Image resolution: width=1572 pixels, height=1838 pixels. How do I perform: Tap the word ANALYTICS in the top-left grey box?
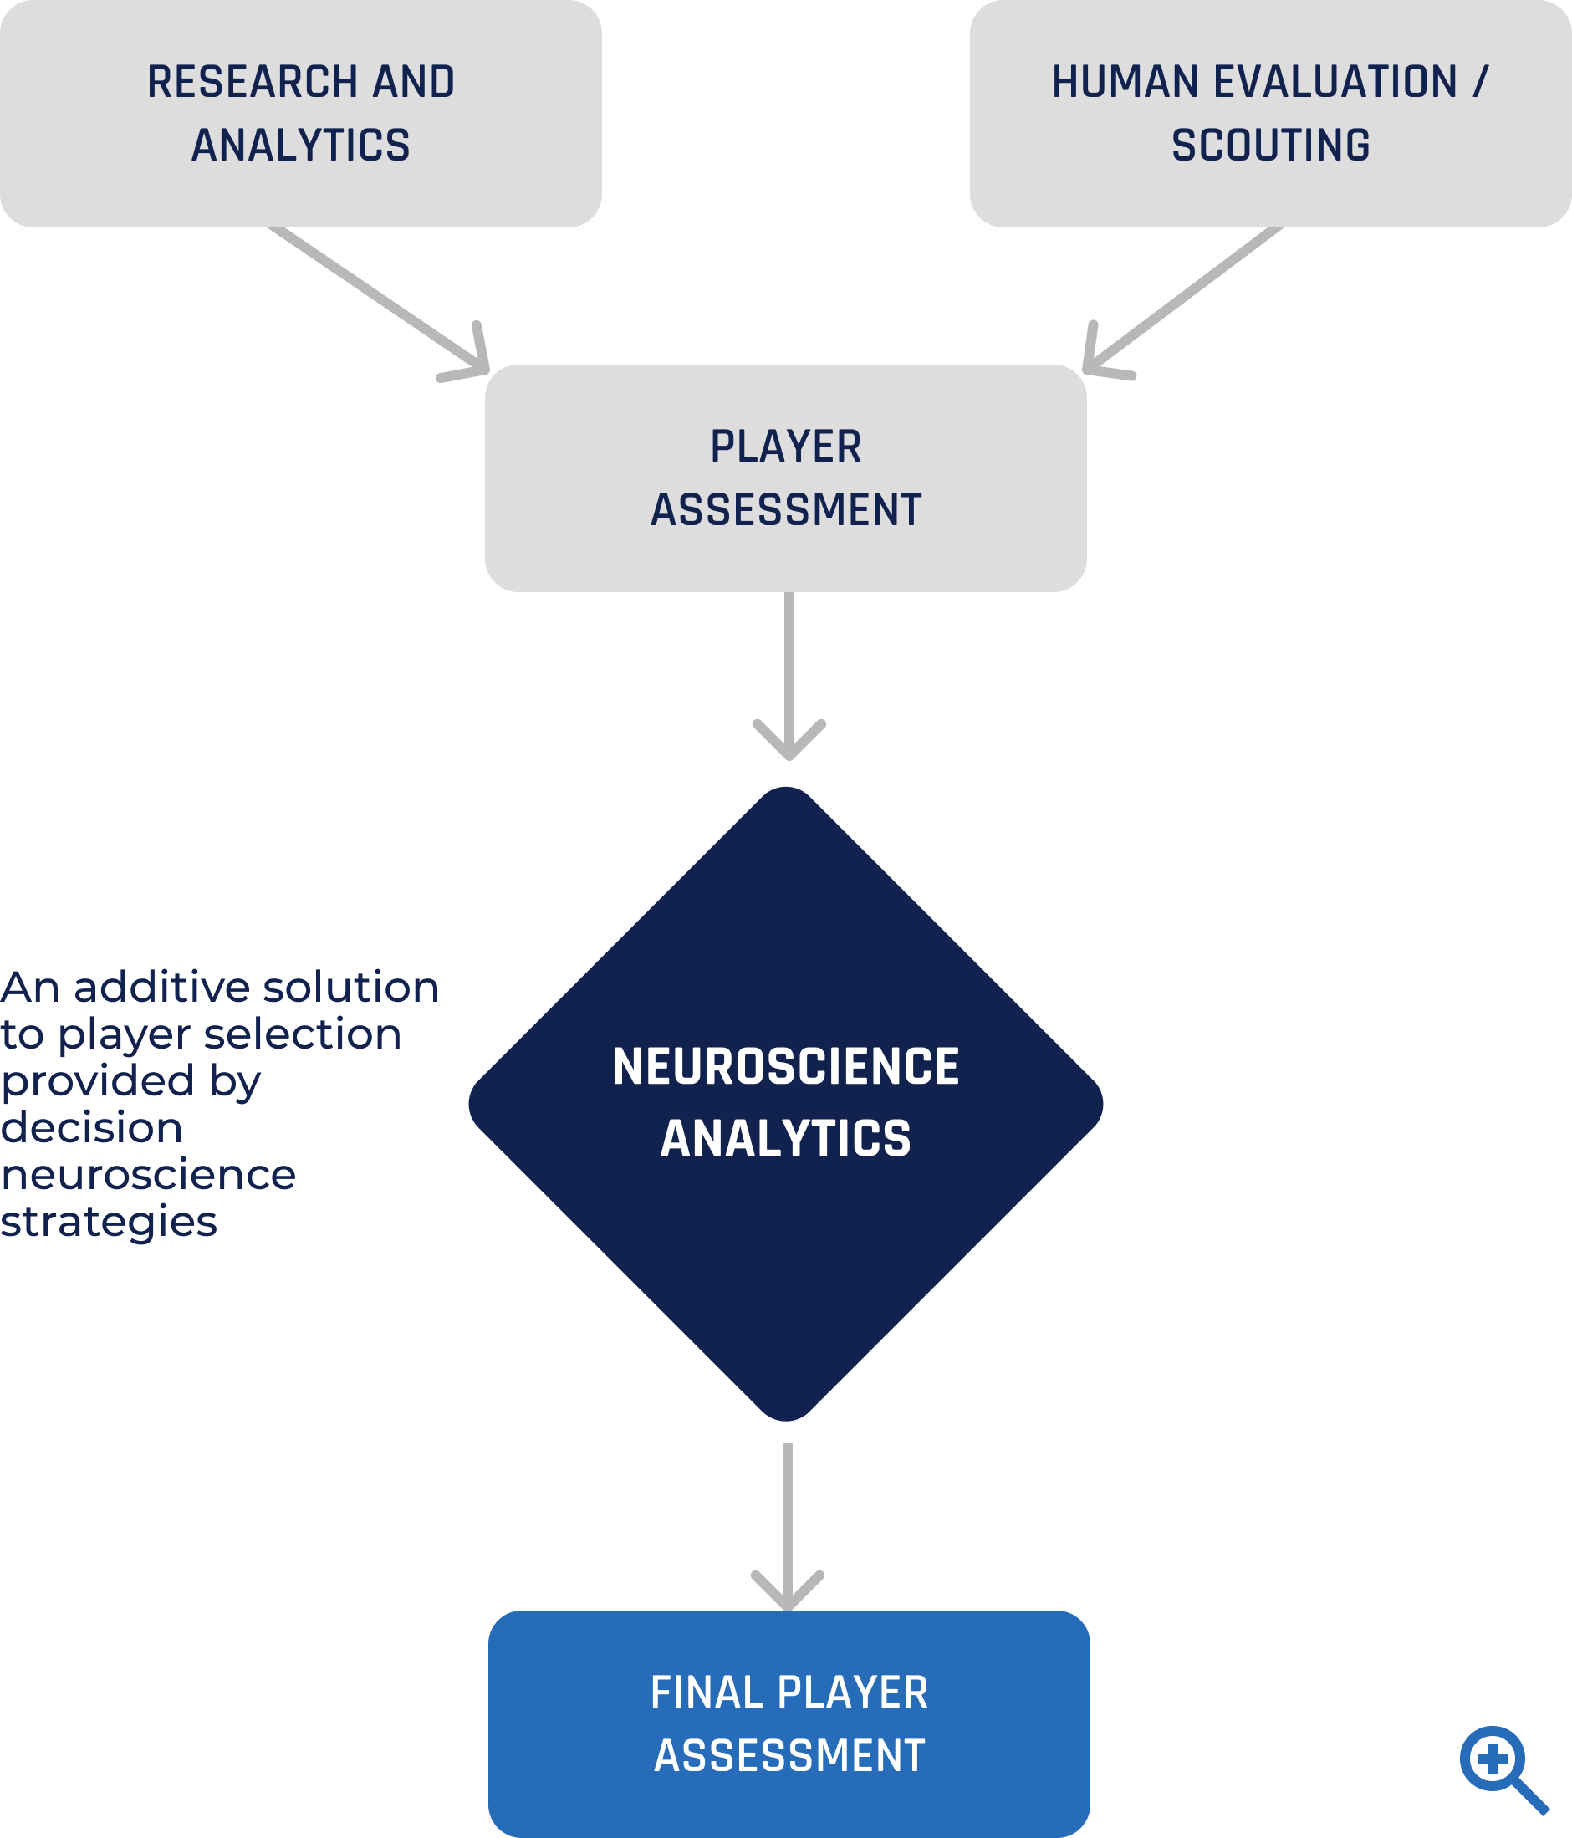pos(301,146)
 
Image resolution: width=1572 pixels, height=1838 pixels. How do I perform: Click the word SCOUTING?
pos(1270,146)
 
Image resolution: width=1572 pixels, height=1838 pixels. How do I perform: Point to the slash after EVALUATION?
pos(1480,83)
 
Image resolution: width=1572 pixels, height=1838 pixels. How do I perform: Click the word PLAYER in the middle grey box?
pos(785,447)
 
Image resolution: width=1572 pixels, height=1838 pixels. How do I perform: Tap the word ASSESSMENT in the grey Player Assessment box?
pos(786,510)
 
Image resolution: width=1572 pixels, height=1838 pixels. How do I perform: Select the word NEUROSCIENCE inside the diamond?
pos(785,1066)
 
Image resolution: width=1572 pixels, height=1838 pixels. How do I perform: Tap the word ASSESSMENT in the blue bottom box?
pos(789,1755)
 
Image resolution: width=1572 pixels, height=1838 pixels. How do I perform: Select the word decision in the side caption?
pos(91,1128)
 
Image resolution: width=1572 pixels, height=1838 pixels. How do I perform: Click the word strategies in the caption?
pos(108,1223)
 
